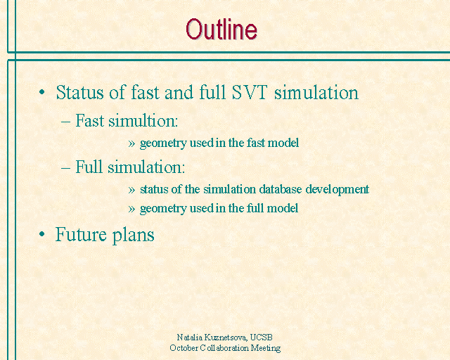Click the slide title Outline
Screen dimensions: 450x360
221,29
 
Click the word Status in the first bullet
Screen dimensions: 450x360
79,92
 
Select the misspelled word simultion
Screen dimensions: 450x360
143,120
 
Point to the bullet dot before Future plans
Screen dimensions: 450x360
42,234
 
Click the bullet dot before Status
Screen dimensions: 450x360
42,92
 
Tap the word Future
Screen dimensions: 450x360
81,234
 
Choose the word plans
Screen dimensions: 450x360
133,235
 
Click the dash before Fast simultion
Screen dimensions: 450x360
65,122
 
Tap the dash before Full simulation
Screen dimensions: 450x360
65,167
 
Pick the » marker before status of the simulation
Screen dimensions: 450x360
131,190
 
